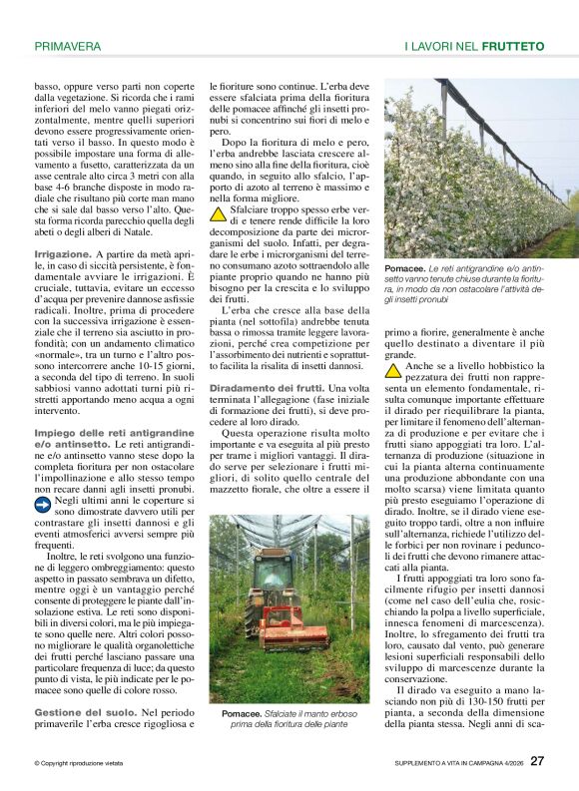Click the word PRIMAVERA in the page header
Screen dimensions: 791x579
click(x=67, y=46)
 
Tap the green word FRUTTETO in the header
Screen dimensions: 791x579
click(x=512, y=46)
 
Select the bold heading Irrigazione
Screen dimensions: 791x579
click(x=63, y=254)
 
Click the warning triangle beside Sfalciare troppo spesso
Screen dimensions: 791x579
click(x=218, y=213)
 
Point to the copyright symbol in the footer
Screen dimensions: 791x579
click(x=37, y=763)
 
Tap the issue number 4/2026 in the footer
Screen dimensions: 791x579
click(x=508, y=763)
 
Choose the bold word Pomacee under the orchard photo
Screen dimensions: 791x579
click(x=404, y=269)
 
